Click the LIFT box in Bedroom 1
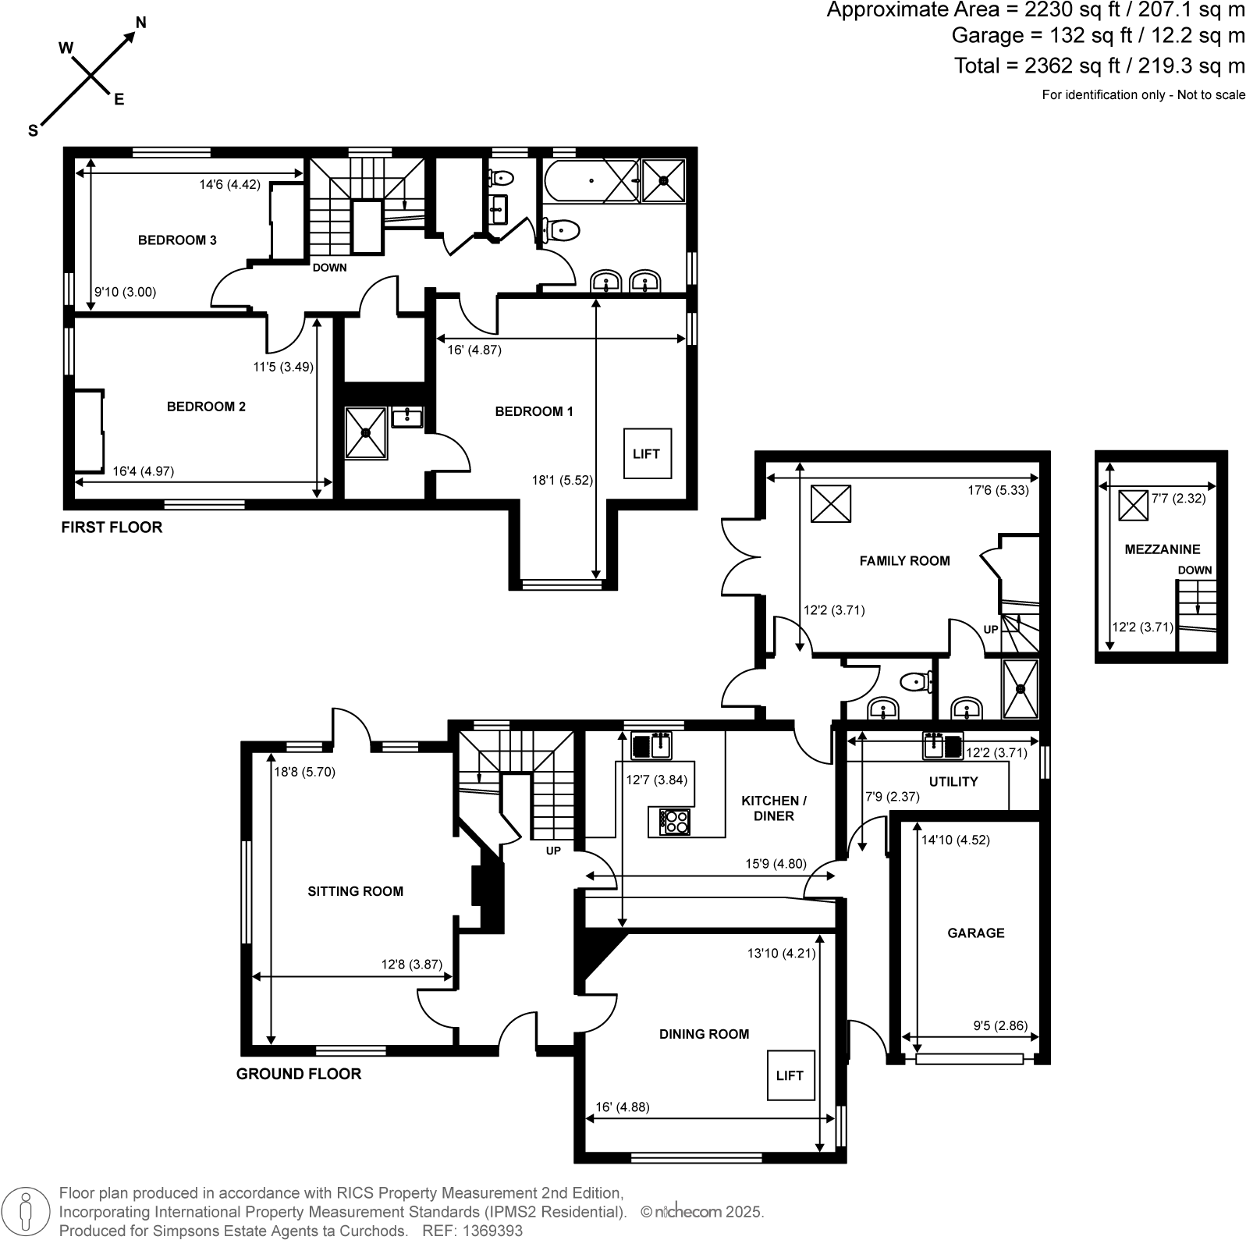pos(646,453)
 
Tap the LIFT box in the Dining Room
pos(790,1075)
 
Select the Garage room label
pos(975,933)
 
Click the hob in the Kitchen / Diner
pos(675,821)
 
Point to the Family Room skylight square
pos(830,503)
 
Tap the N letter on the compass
pos(140,22)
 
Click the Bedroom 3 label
pos(177,240)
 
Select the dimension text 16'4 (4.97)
pos(143,471)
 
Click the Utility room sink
pos(942,745)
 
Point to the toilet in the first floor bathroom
pos(560,229)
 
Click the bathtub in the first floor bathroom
pos(591,181)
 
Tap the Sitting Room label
pos(355,891)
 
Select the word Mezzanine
pos(1162,549)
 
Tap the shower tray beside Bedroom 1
pos(366,433)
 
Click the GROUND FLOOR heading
pos(299,1074)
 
